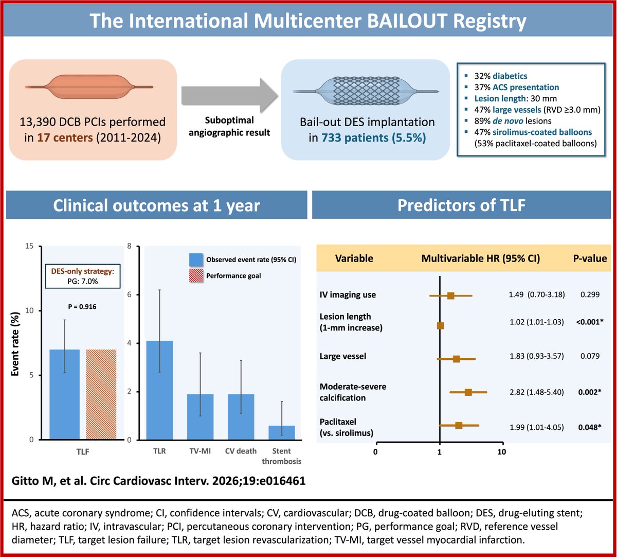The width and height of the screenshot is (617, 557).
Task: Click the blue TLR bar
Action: pos(159,390)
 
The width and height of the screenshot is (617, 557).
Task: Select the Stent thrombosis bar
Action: pos(282,432)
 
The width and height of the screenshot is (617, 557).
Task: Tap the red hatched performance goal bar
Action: pos(101,394)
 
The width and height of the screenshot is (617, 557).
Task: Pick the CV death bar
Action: pos(241,417)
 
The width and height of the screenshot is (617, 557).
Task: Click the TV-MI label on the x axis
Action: pos(200,451)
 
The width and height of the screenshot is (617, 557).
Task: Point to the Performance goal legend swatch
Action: pos(196,275)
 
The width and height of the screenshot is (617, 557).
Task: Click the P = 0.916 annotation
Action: pos(82,306)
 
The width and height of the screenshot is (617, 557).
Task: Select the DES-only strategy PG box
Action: pos(83,276)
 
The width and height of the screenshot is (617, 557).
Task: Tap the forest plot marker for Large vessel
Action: pos(457,359)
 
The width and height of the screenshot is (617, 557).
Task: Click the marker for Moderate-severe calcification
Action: pos(468,392)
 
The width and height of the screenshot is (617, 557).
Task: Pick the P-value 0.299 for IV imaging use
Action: pos(590,294)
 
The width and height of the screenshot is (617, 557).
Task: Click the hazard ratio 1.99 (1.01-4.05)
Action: pos(537,427)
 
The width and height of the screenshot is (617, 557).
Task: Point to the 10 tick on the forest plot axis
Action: pos(502,451)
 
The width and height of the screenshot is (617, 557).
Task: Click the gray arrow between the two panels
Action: pos(230,96)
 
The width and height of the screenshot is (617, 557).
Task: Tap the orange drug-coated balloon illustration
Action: pos(89,87)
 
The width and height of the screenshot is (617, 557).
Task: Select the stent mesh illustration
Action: pos(366,91)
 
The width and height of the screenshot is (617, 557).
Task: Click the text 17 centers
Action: pos(65,137)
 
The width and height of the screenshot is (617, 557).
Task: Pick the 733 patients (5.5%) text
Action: pos(374,138)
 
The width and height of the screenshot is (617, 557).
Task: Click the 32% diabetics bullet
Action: pos(500,76)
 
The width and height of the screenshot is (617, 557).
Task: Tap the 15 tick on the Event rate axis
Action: pos(29,246)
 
